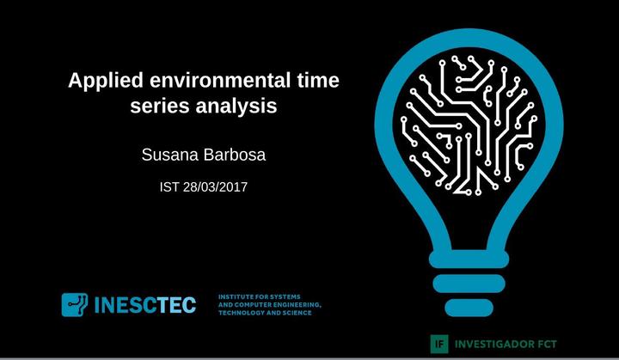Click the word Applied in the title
[106, 82]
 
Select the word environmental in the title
[220, 80]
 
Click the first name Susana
[170, 155]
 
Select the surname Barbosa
[235, 155]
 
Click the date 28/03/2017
[215, 186]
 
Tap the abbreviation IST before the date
[169, 186]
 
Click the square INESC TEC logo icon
[75, 304]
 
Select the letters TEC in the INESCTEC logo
[177, 305]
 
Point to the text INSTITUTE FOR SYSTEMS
[260, 296]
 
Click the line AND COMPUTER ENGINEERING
[270, 305]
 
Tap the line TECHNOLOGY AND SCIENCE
[265, 313]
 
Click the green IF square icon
[439, 344]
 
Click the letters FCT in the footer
[546, 345]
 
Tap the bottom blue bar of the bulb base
[469, 308]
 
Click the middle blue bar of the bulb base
[469, 284]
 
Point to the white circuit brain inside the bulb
[469, 125]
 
